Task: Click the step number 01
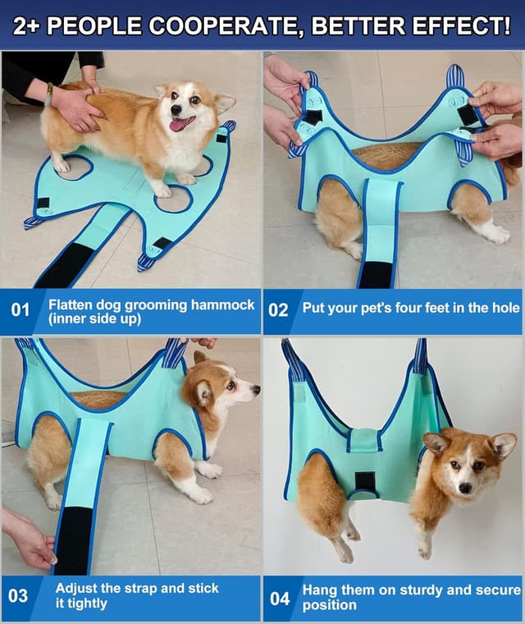(20, 310)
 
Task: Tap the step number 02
(279, 310)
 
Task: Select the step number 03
(19, 594)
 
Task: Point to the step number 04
(280, 598)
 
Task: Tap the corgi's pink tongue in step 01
(177, 125)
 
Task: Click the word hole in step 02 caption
(504, 309)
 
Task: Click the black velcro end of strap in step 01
(66, 264)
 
